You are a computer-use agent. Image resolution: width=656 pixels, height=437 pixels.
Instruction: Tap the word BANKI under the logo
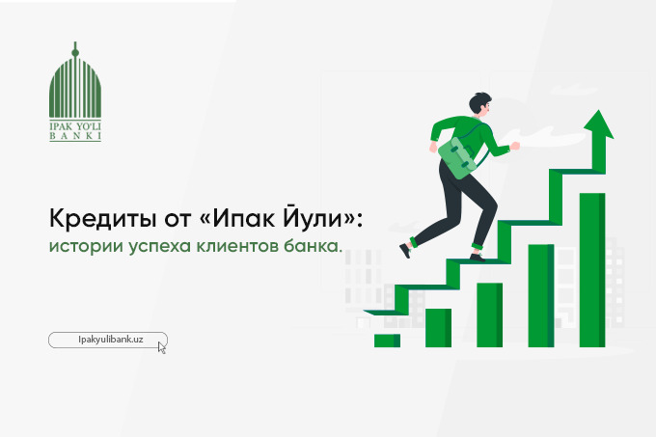75,136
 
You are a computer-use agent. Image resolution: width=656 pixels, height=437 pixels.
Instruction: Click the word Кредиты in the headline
101,218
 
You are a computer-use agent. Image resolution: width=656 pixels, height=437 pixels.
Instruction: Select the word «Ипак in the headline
236,218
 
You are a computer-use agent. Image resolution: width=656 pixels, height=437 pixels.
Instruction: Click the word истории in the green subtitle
86,246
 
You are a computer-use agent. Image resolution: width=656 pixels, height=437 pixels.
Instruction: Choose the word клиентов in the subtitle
237,246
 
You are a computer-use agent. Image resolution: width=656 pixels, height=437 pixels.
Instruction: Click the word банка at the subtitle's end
313,245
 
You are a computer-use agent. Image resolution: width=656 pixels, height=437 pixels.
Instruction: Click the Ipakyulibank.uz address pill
108,340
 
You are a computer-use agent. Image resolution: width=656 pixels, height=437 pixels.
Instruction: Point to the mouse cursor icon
162,347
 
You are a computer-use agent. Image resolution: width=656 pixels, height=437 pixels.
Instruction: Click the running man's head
479,103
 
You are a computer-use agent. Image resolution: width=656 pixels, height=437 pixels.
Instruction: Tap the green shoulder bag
458,157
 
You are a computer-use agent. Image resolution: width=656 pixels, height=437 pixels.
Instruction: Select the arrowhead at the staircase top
599,124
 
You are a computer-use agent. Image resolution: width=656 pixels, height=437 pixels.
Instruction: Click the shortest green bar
387,341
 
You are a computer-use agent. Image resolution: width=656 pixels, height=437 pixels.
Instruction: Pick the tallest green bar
592,270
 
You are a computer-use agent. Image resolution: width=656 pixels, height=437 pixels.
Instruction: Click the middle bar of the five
489,314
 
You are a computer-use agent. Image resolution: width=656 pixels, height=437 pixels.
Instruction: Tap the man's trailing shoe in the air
405,250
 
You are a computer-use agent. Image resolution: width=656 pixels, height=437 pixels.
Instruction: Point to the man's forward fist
515,146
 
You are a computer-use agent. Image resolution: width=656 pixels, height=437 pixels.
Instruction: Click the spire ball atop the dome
75,53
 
